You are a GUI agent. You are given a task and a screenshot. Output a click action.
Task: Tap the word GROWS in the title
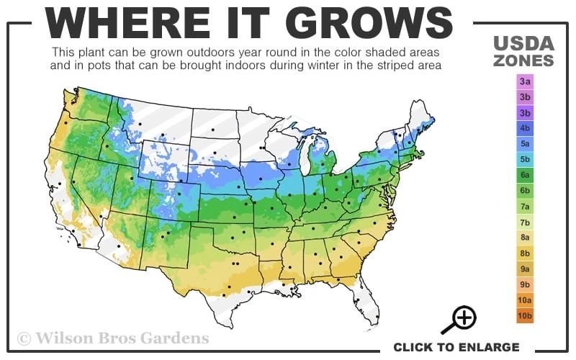point(374,24)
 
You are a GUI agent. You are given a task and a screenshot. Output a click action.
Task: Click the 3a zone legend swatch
point(525,82)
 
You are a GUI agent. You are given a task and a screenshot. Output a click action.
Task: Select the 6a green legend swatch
point(525,175)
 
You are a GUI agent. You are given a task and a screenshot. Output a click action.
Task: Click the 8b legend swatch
point(525,253)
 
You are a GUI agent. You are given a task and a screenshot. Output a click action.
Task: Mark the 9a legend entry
point(525,269)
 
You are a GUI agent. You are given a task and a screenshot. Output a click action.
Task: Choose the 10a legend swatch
point(525,300)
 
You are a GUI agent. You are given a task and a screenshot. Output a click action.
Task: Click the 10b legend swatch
point(525,315)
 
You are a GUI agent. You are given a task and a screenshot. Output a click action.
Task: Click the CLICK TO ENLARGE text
point(456,347)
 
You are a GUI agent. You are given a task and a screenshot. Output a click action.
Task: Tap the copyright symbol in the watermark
point(24,338)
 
